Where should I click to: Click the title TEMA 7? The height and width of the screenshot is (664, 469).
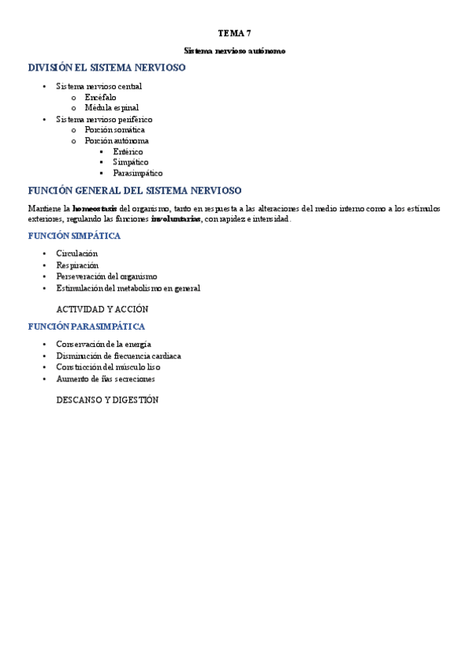point(234,34)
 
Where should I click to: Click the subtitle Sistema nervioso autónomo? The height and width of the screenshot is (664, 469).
point(234,51)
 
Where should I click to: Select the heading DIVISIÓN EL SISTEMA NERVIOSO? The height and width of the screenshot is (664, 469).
point(106,68)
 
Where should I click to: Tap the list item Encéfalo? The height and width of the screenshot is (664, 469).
point(100,97)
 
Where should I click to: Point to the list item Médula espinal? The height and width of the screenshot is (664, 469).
point(111,108)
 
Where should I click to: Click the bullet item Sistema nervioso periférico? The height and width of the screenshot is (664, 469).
point(104,119)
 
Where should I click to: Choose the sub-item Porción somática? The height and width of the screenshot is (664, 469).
point(114,130)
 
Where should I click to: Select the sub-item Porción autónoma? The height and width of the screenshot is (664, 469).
point(117,141)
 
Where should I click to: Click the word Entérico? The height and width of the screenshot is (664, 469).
point(128,152)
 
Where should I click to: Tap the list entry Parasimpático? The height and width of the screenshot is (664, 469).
point(138,174)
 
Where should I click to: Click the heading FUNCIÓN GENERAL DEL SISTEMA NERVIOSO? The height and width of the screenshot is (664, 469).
point(135,191)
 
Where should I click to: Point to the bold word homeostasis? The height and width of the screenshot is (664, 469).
point(95,209)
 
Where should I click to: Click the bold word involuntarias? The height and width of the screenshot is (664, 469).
point(176,219)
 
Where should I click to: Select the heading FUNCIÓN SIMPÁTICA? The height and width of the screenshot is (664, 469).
point(74,236)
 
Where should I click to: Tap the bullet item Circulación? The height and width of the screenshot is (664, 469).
point(77,254)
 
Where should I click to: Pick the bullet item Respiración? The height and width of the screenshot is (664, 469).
point(77,265)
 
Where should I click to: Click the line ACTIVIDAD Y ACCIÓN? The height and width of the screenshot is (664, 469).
point(103,309)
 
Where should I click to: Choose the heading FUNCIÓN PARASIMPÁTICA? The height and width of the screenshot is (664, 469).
point(86,327)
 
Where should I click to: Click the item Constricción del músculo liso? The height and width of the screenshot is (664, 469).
point(108,367)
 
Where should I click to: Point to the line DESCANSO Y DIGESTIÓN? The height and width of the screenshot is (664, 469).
point(107,400)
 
